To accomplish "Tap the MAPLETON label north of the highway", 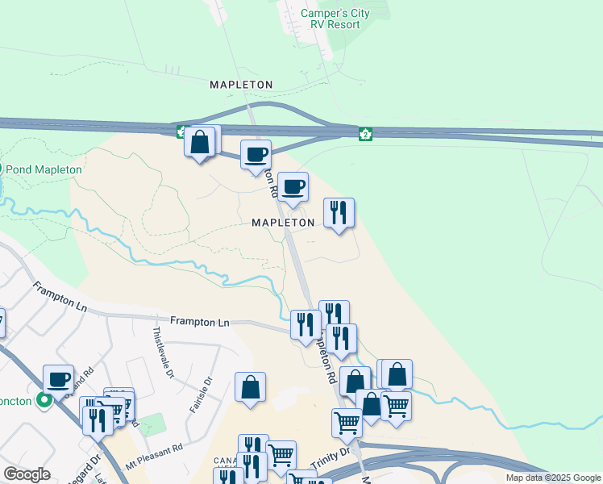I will tap(241, 85).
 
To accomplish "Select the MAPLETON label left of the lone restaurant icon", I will tap(282, 222).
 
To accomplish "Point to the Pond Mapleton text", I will tap(44, 169).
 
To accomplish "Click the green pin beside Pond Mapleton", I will tap(2, 169).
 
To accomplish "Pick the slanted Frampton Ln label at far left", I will tap(59, 297).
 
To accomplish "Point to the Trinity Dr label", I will tap(332, 457).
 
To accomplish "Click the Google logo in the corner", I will tap(27, 474).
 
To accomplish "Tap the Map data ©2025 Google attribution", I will tap(554, 478).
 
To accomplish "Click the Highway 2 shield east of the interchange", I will tap(365, 134).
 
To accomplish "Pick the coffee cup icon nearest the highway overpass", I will tap(256, 153).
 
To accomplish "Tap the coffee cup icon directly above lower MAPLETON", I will tap(293, 186).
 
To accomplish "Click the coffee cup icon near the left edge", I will tap(58, 378).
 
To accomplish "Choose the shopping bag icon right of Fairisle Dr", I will tap(251, 386).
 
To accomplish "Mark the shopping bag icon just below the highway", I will tap(200, 142).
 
